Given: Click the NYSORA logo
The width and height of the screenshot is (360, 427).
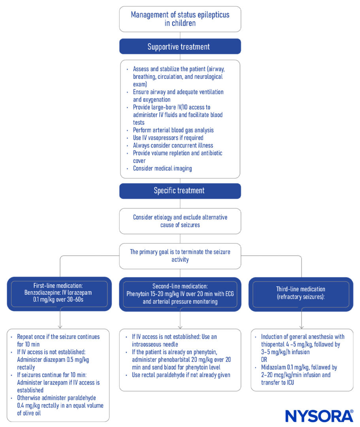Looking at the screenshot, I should (x=319, y=416).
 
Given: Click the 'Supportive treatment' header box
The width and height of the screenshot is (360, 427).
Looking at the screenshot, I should (x=180, y=47).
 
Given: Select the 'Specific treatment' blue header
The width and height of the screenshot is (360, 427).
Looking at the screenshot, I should (x=180, y=191).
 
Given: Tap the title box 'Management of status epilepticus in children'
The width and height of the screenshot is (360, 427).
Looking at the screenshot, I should (x=180, y=19).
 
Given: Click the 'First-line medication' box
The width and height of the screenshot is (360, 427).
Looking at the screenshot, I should (x=59, y=294).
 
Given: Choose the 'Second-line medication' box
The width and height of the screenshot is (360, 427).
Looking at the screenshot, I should (x=180, y=294).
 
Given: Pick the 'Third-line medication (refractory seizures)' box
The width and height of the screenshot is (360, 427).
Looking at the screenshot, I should (x=301, y=294).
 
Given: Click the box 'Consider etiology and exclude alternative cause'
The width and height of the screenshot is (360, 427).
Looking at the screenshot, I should (x=180, y=221).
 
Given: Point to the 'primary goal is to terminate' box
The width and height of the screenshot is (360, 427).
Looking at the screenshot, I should (x=180, y=256).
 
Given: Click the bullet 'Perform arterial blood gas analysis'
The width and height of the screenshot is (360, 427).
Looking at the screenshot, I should (x=173, y=130).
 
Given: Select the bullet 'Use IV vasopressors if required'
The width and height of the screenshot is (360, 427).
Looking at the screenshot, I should (x=168, y=138).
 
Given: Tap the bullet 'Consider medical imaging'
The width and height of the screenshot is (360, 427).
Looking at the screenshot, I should (x=162, y=168).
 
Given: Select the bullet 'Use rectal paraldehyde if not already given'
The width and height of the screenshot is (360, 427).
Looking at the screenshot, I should (x=181, y=375).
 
